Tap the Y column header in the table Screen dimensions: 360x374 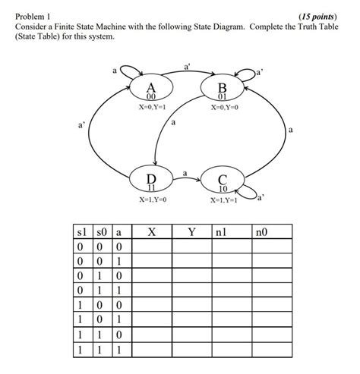[191, 232]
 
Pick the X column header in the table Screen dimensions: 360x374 [151, 232]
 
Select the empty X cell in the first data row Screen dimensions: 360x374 [151, 247]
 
